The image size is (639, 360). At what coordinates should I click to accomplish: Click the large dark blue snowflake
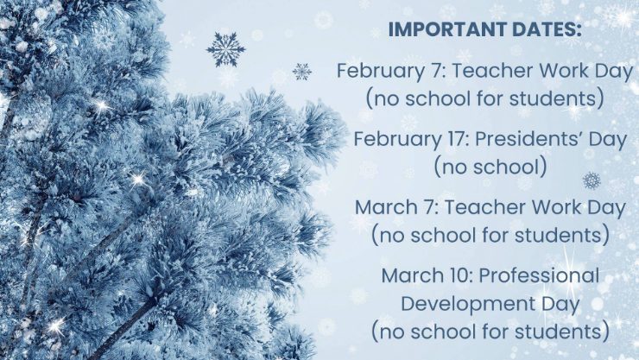225,49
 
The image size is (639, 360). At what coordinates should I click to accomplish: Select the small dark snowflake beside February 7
302,72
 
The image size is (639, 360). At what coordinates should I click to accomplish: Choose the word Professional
539,275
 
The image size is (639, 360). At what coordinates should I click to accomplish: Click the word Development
468,305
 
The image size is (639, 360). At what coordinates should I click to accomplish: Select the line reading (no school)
490,167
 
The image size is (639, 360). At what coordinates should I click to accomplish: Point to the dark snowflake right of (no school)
592,180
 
